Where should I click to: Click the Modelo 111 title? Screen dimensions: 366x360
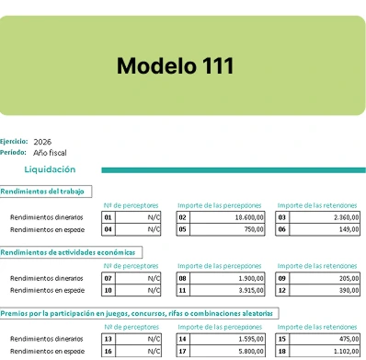175,65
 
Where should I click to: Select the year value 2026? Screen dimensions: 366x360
42,141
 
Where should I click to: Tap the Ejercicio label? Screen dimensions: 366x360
14,141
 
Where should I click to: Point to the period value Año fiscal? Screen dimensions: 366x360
49,152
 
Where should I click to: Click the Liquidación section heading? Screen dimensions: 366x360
50,169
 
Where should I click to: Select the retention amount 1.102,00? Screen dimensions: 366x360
345,351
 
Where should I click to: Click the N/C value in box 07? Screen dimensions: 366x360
154,277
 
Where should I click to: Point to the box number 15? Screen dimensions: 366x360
280,339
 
